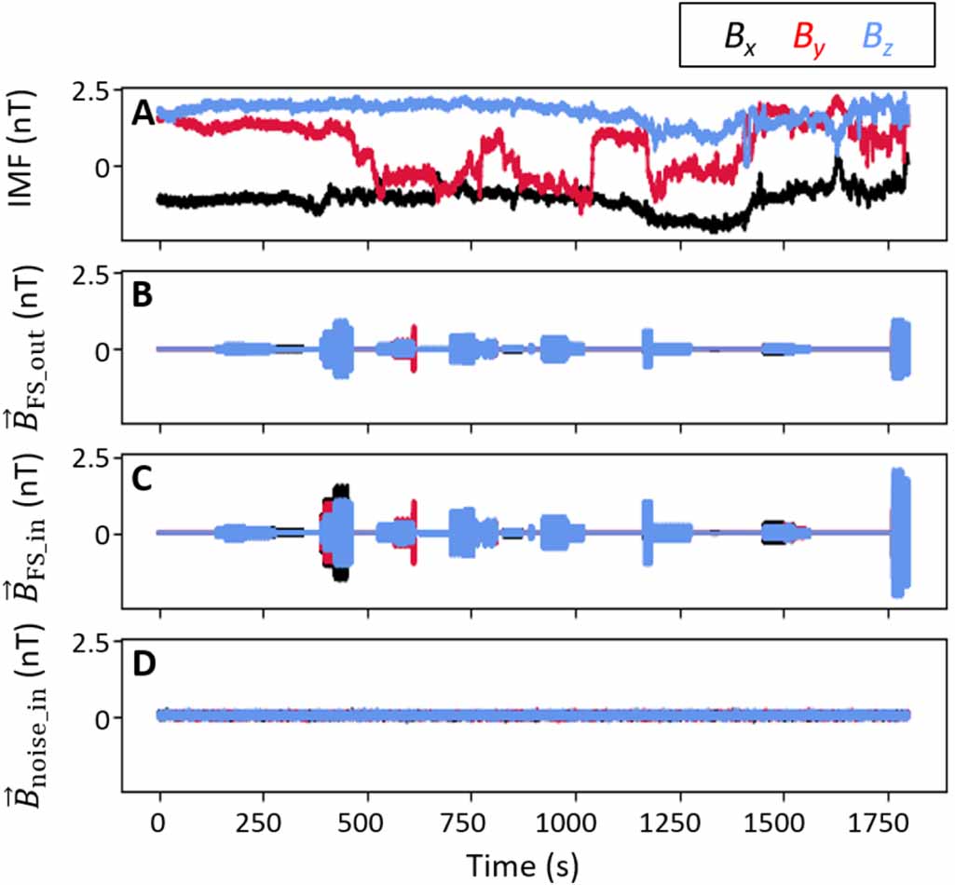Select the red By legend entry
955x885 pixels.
coord(808,37)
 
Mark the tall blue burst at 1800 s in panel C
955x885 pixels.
coord(900,531)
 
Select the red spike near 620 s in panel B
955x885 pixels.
coord(414,333)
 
